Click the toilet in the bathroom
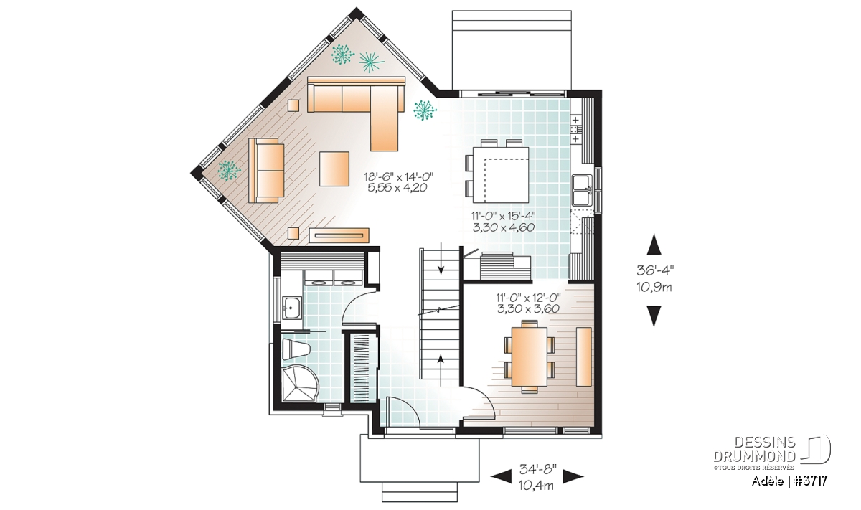pyautogui.click(x=296, y=349)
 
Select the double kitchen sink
pyautogui.click(x=582, y=190)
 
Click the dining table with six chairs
pyautogui.click(x=530, y=356)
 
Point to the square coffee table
pyautogui.click(x=334, y=169)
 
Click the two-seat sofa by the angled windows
pyautogui.click(x=266, y=170)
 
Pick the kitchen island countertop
pyautogui.click(x=500, y=175)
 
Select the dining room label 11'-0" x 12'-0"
pyautogui.click(x=529, y=298)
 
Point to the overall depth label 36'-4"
pyautogui.click(x=654, y=270)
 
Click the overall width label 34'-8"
pyautogui.click(x=537, y=469)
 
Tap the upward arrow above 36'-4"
pyautogui.click(x=654, y=245)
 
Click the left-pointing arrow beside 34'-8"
pyautogui.click(x=502, y=476)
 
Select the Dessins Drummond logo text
pyautogui.click(x=754, y=449)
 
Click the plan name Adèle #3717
pyautogui.click(x=789, y=481)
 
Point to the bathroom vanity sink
pyautogui.click(x=293, y=308)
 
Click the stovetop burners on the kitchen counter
pyautogui.click(x=575, y=129)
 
